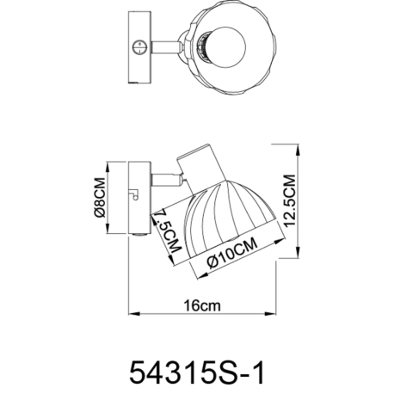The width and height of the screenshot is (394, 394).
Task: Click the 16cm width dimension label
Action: pyautogui.click(x=202, y=305)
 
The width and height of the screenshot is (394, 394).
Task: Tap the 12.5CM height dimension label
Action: pyautogui.click(x=289, y=200)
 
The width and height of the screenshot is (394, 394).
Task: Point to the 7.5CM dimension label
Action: pyautogui.click(x=168, y=231)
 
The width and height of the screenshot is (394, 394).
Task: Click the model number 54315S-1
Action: pyautogui.click(x=197, y=372)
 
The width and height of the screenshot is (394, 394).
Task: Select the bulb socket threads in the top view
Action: pyautogui.click(x=204, y=47)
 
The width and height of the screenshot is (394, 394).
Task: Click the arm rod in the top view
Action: pyautogui.click(x=165, y=47)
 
